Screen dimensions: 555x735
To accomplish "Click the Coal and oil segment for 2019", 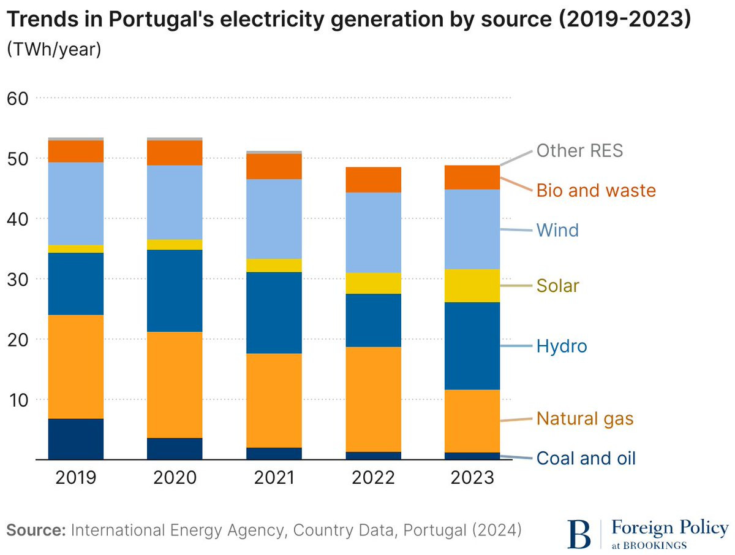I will (x=76, y=439).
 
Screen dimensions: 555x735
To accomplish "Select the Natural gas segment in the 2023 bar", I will (x=472, y=421).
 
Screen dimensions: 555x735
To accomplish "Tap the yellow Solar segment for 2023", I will (x=472, y=286).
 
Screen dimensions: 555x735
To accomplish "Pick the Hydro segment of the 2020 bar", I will (x=175, y=291).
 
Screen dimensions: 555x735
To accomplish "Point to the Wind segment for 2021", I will (x=274, y=219).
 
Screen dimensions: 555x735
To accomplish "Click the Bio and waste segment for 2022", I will (x=374, y=180).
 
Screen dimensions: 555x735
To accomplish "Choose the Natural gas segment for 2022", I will (x=374, y=399).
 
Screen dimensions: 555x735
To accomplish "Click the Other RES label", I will (x=579, y=151).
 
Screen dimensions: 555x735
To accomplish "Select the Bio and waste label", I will (x=596, y=190).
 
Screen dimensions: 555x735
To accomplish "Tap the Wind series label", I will (x=557, y=231).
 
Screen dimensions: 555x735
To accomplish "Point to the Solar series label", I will (x=557, y=286).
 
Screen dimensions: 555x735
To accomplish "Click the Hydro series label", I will (x=562, y=346).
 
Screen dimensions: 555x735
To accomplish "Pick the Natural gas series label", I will (x=585, y=419).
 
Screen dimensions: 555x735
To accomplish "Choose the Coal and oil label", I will (x=586, y=458).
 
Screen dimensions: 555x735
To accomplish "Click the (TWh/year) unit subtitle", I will (x=53, y=50).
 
